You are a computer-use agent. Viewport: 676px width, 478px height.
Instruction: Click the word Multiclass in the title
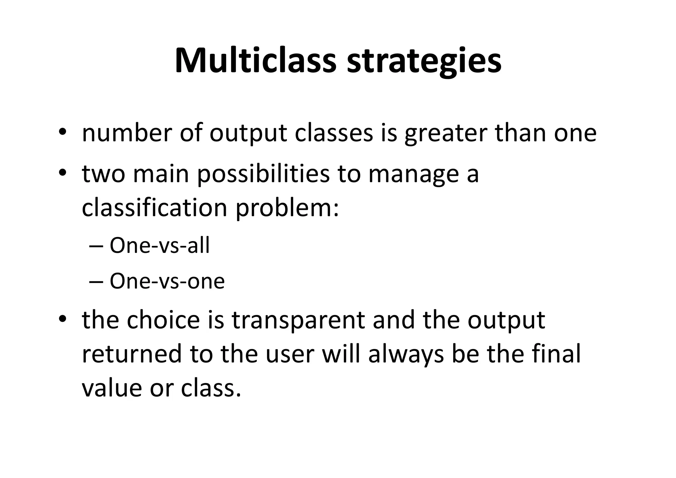coord(255,61)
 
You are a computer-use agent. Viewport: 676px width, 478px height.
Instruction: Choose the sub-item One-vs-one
coord(167,281)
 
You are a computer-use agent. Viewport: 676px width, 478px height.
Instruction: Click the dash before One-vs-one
coord(96,282)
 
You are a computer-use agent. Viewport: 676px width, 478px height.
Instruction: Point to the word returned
coord(132,354)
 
